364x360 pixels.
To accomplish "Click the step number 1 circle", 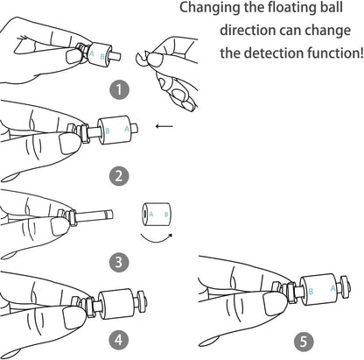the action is coord(119,90).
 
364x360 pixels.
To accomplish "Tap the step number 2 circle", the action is coord(119,176).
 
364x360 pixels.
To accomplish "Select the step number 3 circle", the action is coord(119,262).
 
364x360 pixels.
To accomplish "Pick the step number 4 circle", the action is coord(118,340).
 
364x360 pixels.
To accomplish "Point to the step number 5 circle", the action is coord(304,342).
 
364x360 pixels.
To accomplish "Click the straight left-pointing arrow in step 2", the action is coord(164,126).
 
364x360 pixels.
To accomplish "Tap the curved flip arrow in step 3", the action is coord(157,238).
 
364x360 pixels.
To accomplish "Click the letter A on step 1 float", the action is coord(92,53).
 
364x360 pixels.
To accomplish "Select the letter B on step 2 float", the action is coord(108,131).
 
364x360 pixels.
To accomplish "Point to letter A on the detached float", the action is coord(151,215).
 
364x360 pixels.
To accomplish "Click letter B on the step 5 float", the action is coord(311,292).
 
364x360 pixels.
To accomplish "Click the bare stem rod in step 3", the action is coord(94,216).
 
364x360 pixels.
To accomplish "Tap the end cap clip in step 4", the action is coord(142,301).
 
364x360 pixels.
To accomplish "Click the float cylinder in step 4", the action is coord(116,304).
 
